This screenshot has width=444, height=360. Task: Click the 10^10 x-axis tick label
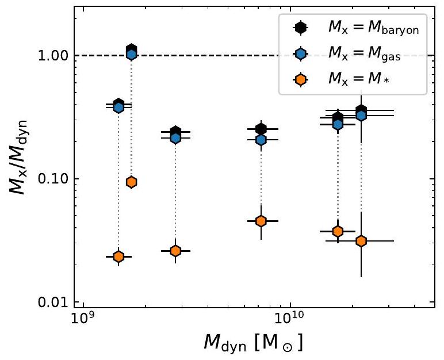coord(289,318)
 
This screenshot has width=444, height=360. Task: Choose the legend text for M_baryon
coord(368,27)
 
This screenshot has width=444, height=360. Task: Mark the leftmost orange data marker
coord(118,256)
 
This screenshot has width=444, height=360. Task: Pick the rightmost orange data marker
coord(361,241)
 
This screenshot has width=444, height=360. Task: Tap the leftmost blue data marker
coord(119,107)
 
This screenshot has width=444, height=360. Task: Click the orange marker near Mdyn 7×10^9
coord(261,221)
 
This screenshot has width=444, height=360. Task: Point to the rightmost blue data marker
coord(361,115)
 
